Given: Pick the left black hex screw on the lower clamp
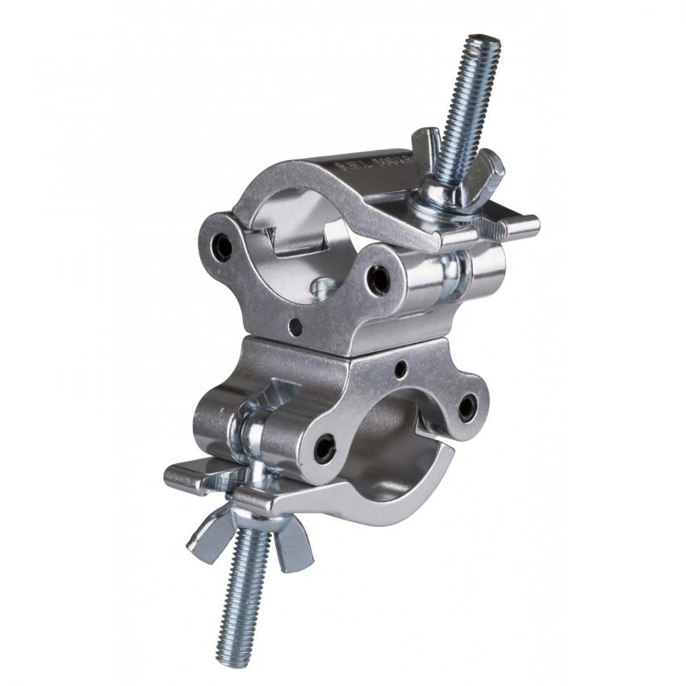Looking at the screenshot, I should [x=324, y=446].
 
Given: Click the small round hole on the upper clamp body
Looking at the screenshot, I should [x=296, y=327].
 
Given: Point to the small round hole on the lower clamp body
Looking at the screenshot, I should [x=400, y=369].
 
